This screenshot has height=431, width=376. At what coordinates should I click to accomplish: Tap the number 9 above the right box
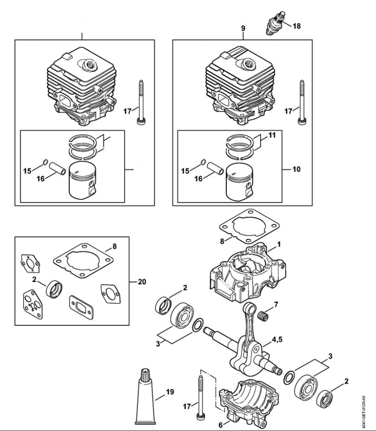[x=243, y=29]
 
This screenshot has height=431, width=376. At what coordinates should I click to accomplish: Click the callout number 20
[x=143, y=281]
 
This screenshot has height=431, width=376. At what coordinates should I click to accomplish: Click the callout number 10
[x=296, y=169]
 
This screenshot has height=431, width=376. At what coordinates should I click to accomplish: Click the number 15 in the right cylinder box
[x=185, y=171]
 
